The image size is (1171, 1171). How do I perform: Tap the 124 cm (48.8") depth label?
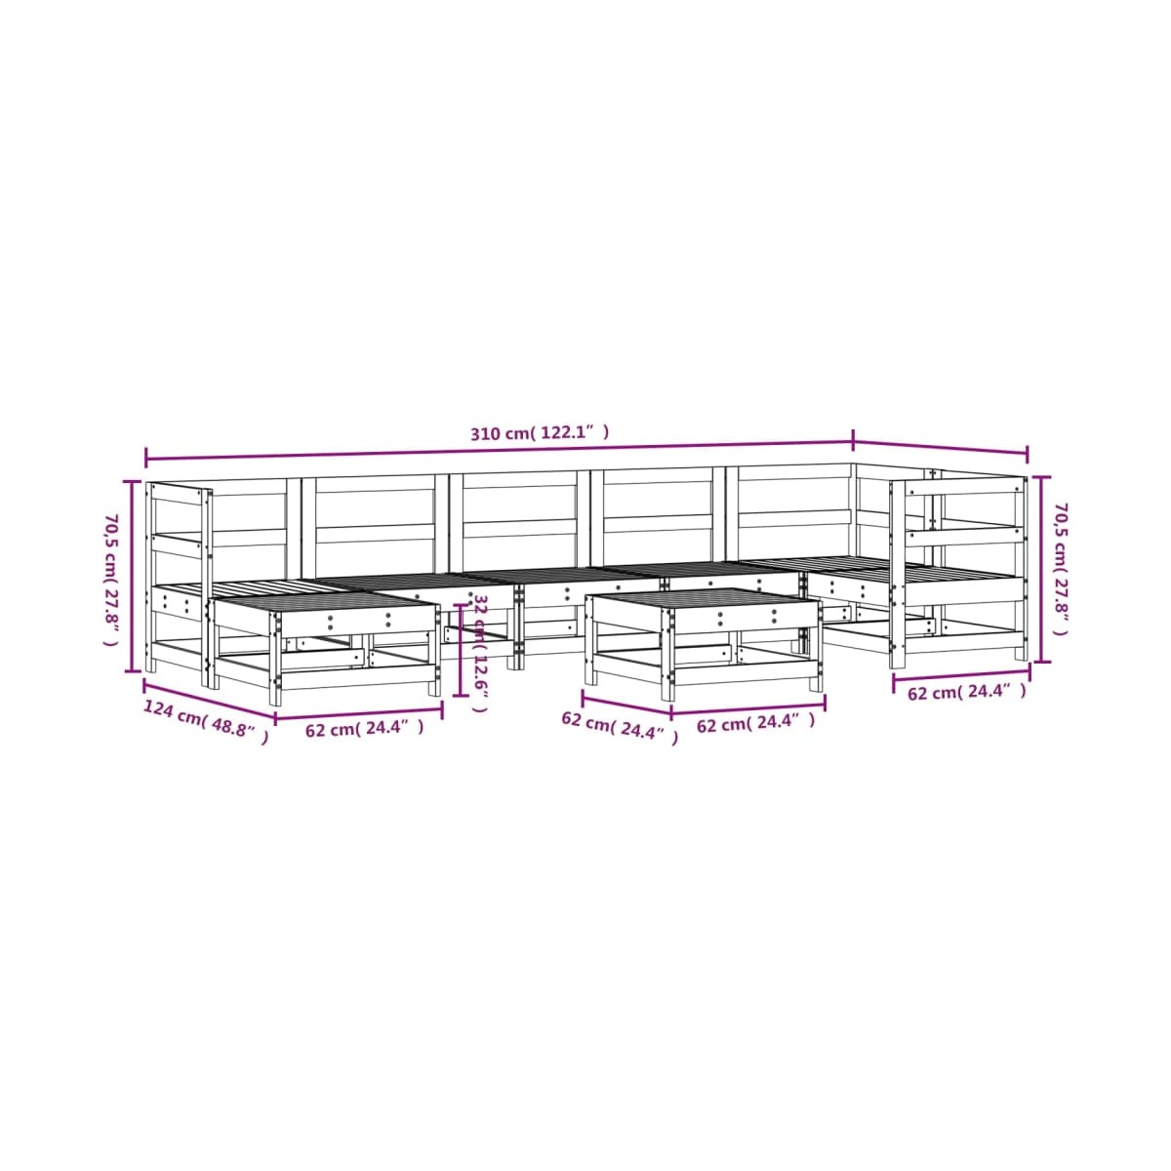[206, 721]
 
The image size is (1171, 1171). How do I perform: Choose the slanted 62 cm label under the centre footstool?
[619, 728]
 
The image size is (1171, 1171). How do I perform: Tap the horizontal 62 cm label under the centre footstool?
[754, 723]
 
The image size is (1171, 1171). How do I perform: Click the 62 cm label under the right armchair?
[967, 693]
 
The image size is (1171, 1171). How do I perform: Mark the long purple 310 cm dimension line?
[498, 452]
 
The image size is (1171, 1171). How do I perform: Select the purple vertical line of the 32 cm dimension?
[458, 650]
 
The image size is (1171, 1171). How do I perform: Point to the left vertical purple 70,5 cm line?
[134, 576]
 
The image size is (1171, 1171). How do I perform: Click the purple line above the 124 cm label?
[209, 700]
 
